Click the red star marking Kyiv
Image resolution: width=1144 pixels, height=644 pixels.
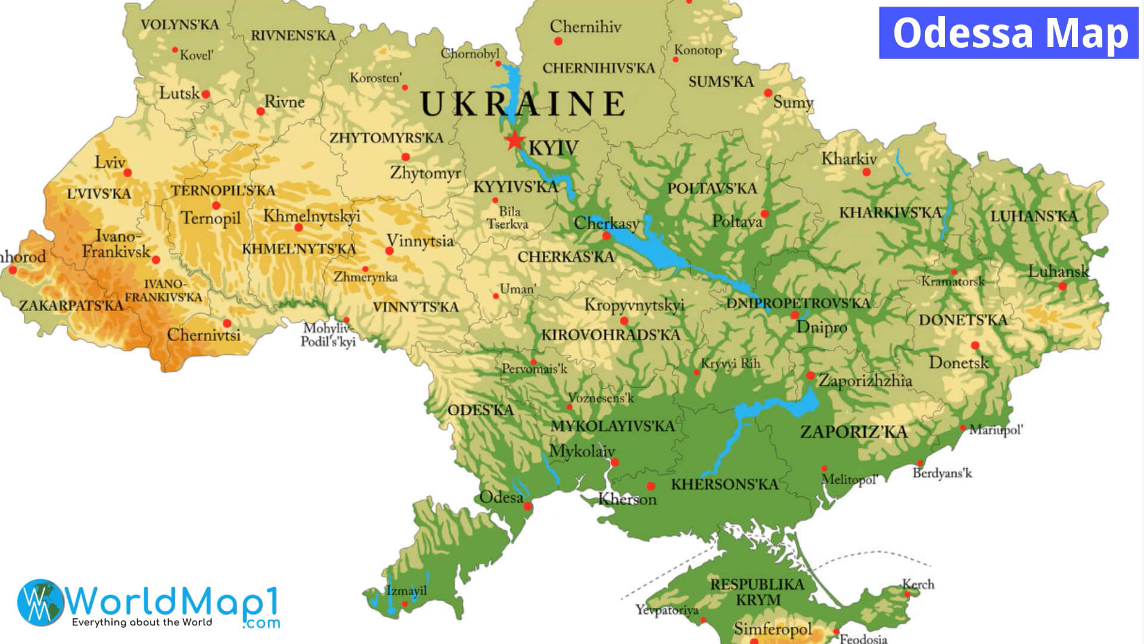[x=514, y=141]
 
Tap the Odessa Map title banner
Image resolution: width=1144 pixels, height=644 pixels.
[x=1009, y=33]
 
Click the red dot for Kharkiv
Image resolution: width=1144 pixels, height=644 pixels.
[x=866, y=172]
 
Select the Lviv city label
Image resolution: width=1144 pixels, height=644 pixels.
[x=110, y=162]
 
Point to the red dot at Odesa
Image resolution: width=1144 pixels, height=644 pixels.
[x=527, y=507]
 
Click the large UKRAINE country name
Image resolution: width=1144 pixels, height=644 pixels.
[x=523, y=104]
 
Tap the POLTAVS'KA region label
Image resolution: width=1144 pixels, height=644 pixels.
[x=712, y=188]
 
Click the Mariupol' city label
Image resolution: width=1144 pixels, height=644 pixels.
[x=996, y=430]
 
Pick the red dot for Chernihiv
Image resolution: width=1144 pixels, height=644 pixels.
[x=558, y=41]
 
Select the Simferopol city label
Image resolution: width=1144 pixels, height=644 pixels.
[x=773, y=628]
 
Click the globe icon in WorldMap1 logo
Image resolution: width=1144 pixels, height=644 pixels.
[x=41, y=602]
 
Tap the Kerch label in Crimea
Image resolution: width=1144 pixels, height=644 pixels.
[x=918, y=584]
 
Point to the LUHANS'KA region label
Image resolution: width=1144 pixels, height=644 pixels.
[x=1034, y=216]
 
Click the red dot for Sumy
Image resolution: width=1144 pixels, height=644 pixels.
[x=768, y=92]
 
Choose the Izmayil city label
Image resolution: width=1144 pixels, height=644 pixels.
[x=407, y=590]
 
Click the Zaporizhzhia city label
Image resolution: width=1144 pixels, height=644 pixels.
[x=865, y=380]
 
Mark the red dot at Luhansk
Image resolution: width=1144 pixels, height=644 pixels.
[x=1062, y=286]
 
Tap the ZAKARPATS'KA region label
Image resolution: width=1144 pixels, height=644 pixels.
[x=71, y=306]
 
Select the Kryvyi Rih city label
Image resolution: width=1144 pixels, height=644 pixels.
[x=730, y=363]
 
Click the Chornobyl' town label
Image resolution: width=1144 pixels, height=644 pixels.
[x=470, y=54]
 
